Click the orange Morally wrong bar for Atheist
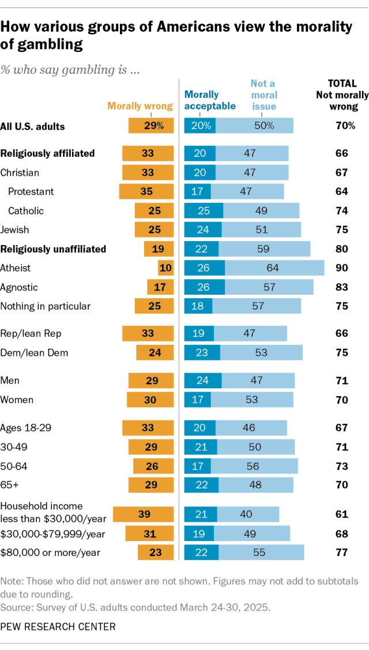(165, 268)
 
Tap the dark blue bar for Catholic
(203, 211)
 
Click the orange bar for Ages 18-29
(148, 427)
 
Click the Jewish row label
(15, 230)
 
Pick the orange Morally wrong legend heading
(140, 106)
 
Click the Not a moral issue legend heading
(263, 95)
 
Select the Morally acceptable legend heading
(210, 100)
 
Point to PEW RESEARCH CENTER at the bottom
(58, 626)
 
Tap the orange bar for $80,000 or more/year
(155, 552)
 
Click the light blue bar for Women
(252, 400)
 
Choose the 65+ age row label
(10, 484)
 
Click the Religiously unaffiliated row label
(53, 249)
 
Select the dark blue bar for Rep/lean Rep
(199, 333)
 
